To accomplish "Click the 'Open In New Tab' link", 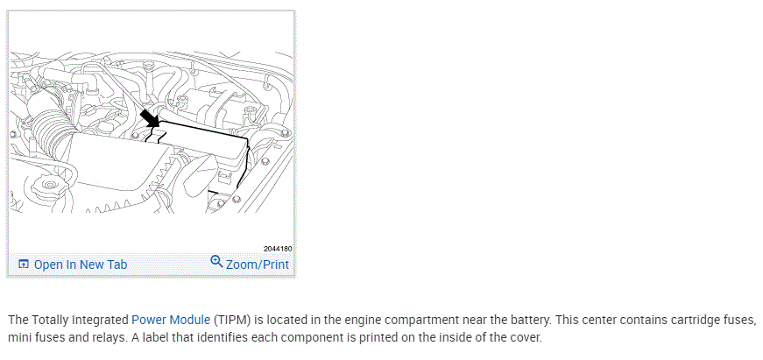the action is [x=81, y=265].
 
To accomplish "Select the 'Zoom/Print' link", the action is [x=258, y=265].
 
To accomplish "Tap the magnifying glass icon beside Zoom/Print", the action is [x=216, y=262].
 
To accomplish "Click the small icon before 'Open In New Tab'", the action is [x=24, y=265].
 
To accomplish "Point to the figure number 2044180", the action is [x=277, y=249].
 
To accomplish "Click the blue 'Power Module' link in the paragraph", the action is [x=171, y=320].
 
